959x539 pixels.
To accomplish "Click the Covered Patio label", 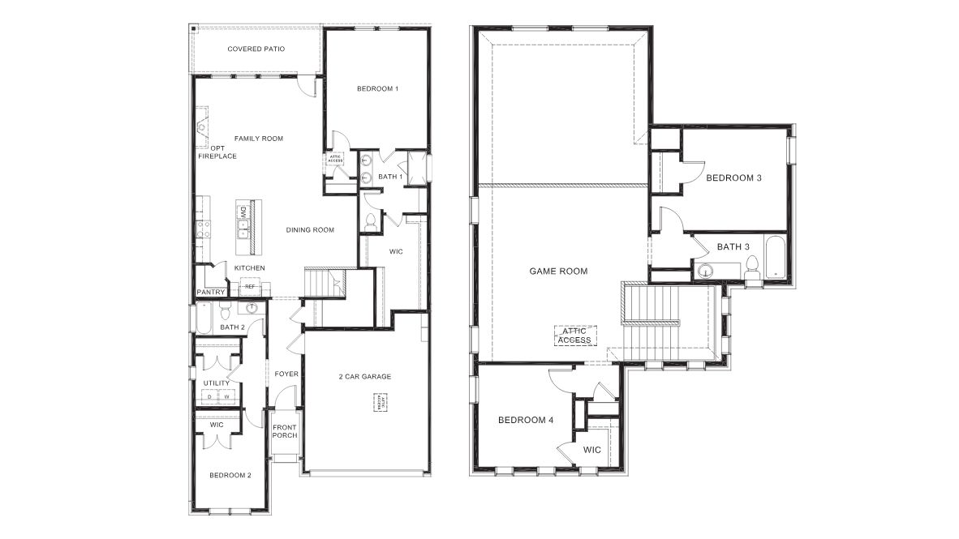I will (256, 49).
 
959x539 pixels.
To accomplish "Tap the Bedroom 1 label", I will (377, 88).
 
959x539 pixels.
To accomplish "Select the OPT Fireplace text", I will (217, 152).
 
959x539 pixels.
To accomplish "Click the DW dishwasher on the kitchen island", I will (243, 212).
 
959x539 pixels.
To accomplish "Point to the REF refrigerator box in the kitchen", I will (250, 286).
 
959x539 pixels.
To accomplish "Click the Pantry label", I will (209, 293).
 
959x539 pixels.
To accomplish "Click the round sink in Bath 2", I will (252, 308).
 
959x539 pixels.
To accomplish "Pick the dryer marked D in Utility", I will (209, 397).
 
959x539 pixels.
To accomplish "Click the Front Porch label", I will (285, 431).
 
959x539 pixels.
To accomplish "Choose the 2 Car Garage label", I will (365, 376).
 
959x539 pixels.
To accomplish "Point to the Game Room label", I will (558, 272).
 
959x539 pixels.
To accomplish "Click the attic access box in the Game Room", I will (575, 335).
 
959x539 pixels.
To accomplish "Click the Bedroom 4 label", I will (525, 420).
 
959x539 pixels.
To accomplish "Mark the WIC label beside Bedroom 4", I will (591, 450).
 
